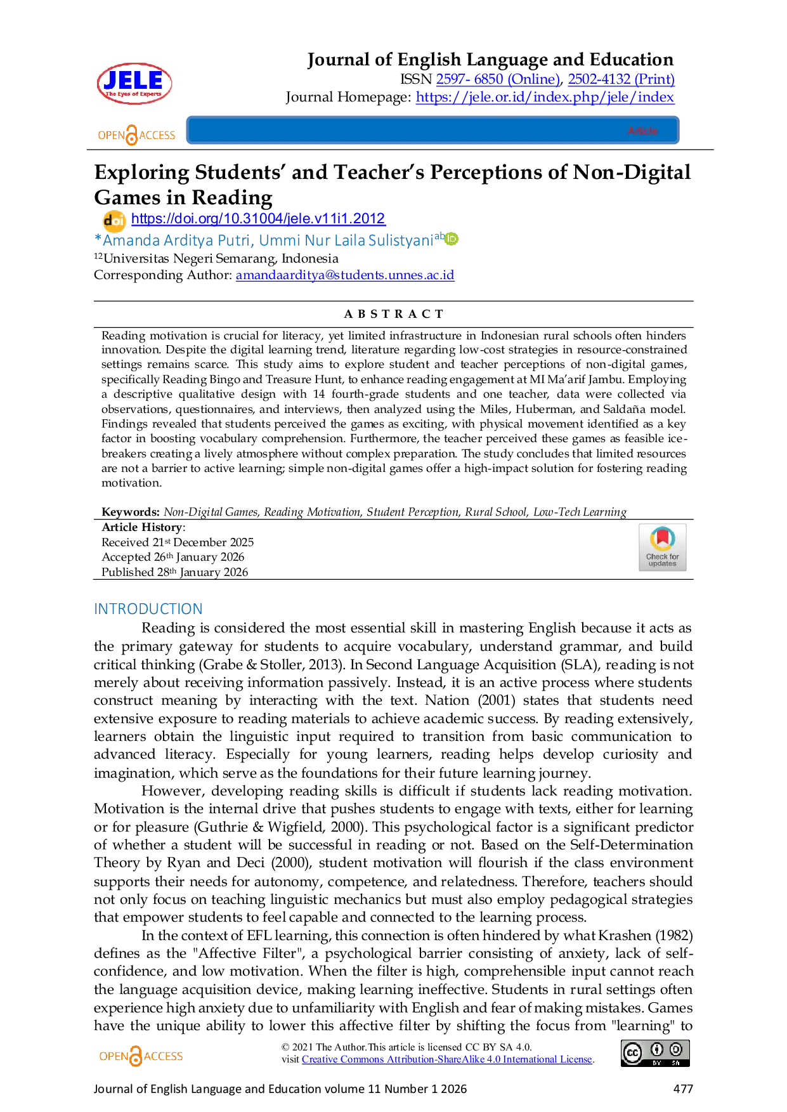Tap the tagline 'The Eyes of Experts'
[133, 94]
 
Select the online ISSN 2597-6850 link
[498, 79]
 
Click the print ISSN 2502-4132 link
[621, 79]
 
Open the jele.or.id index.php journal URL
[545, 96]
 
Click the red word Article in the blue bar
[642, 131]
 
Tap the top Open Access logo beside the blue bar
[136, 134]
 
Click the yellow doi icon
[114, 220]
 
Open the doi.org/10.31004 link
[258, 218]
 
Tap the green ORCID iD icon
[452, 239]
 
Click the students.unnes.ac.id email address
[345, 275]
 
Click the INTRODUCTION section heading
[148, 609]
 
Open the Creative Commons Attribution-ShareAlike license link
[446, 1058]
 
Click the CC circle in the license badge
[632, 1053]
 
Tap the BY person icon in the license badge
[657, 1050]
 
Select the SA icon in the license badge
[676, 1050]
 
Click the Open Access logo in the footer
[139, 1056]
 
